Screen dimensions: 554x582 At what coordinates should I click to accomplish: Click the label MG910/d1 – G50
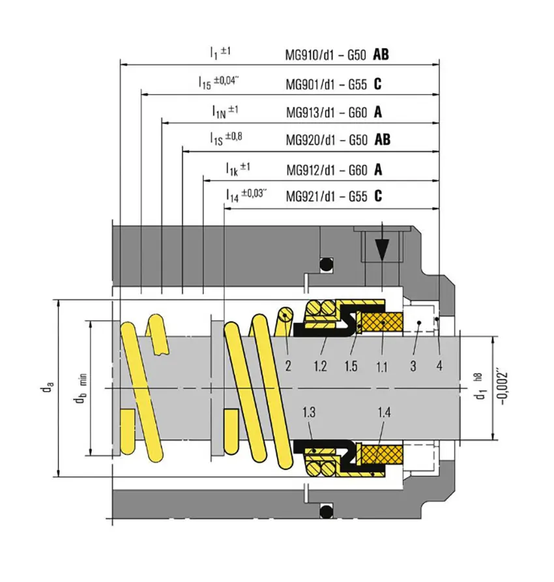pyautogui.click(x=326, y=55)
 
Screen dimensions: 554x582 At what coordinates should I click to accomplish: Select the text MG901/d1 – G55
pyautogui.click(x=326, y=85)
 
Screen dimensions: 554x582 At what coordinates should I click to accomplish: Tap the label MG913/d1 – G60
pyautogui.click(x=327, y=113)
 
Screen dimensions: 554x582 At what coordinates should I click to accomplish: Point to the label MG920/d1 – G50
pyautogui.click(x=327, y=140)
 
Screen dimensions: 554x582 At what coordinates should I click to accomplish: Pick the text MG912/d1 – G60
pyautogui.click(x=327, y=170)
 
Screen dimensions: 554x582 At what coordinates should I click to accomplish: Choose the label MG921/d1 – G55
pyautogui.click(x=327, y=196)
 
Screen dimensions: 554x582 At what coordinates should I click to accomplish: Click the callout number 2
pyautogui.click(x=288, y=366)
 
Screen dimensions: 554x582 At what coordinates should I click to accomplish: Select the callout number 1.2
pyautogui.click(x=320, y=366)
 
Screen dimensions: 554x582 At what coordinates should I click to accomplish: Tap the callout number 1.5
pyautogui.click(x=351, y=366)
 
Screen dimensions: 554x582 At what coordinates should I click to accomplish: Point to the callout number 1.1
pyautogui.click(x=381, y=367)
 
